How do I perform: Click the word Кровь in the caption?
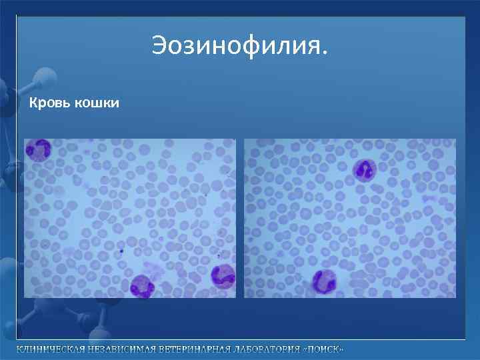48,103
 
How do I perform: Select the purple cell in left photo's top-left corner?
38,150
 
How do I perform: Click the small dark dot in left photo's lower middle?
122,252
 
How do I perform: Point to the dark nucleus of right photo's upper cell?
365,171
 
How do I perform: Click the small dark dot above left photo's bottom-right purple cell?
218,256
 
